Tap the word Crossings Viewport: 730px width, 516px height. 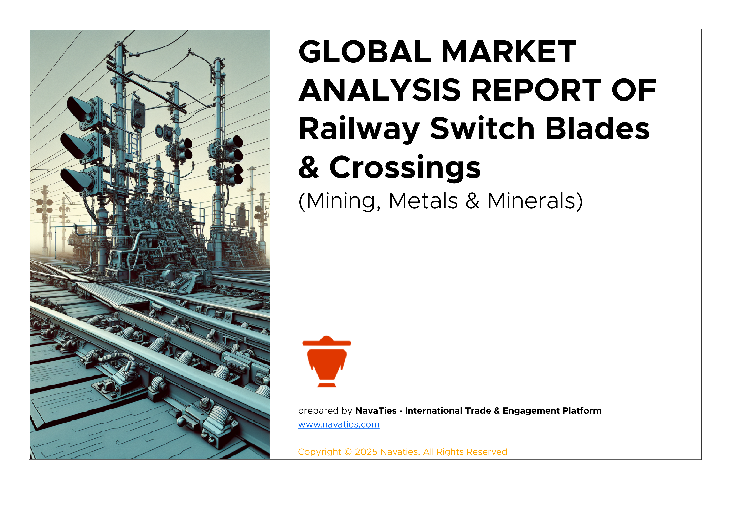point(405,168)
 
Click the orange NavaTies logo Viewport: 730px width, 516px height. point(327,362)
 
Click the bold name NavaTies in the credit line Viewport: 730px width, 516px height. point(376,411)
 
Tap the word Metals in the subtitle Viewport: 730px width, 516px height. point(423,201)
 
